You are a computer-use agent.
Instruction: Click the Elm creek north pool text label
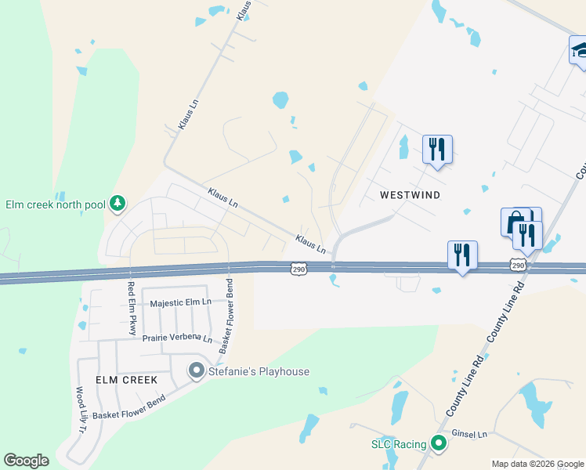55,204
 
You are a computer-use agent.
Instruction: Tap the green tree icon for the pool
118,204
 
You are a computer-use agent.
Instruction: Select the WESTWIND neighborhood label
410,194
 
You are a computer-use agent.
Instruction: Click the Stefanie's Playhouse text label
259,371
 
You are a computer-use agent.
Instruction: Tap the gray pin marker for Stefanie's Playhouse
197,371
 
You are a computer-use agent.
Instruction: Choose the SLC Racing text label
398,444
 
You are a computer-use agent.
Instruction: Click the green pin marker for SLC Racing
439,444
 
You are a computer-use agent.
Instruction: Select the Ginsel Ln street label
472,433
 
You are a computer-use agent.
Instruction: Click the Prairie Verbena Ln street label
177,338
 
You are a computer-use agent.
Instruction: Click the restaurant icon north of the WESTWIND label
437,149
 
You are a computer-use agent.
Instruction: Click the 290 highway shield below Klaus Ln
298,269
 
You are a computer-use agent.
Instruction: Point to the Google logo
26,461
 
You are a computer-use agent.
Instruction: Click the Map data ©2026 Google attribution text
537,464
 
